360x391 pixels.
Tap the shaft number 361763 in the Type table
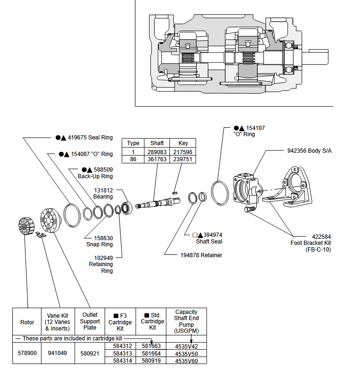157,159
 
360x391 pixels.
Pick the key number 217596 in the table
183,152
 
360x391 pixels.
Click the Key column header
183,143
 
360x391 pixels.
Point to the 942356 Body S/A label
309,151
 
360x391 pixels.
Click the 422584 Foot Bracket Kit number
321,236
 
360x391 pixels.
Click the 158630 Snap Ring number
103,238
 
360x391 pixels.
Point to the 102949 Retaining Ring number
103,258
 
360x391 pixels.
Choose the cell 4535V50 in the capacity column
186,354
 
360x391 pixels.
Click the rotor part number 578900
27,353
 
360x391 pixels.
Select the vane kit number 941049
58,353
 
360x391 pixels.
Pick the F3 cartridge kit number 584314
122,361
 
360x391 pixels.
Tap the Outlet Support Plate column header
90,321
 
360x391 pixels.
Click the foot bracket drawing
290,187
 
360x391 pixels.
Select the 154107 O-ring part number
255,128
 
